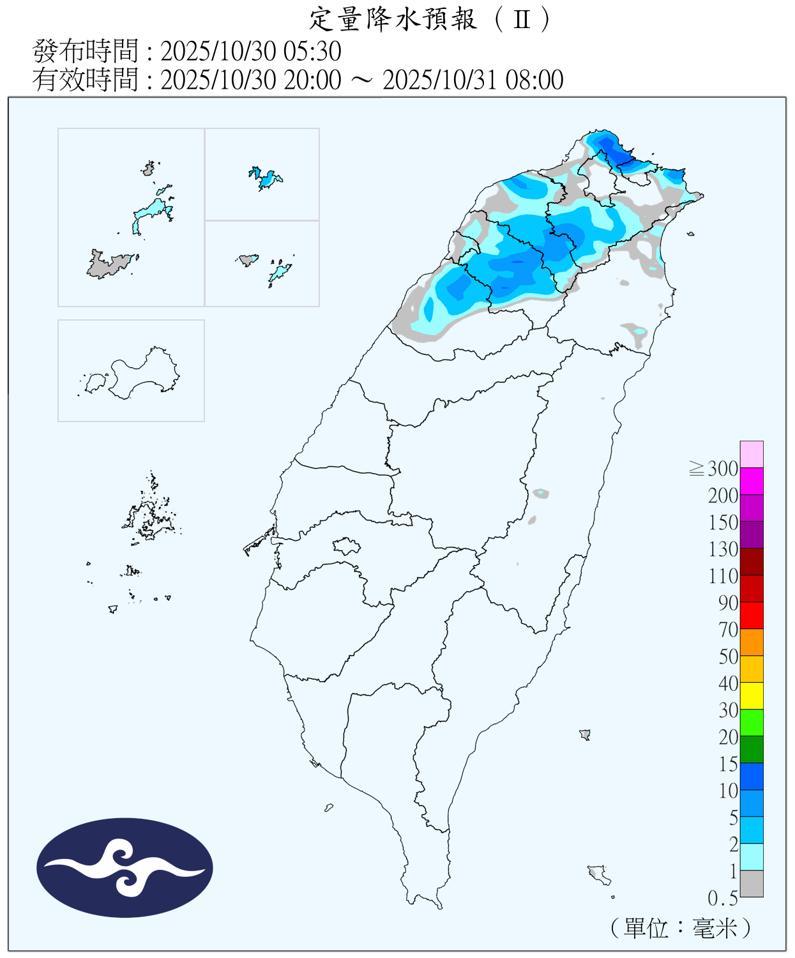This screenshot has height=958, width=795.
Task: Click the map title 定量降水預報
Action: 393,19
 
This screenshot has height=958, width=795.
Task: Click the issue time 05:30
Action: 317,51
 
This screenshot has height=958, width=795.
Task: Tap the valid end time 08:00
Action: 534,80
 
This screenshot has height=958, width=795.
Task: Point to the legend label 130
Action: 723,549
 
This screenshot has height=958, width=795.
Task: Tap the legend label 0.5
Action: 723,899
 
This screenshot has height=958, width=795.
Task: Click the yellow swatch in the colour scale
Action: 752,696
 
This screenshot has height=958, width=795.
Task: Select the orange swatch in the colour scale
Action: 752,642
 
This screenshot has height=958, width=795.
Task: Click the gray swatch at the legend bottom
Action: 752,883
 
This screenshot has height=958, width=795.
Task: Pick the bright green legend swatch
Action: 752,722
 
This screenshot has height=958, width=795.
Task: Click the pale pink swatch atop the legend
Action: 752,454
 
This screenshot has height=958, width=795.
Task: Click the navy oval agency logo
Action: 125,868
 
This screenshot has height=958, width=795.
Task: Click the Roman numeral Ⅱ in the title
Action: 522,20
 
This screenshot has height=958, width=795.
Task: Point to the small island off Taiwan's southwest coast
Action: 329,808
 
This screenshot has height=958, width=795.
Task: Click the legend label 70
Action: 728,630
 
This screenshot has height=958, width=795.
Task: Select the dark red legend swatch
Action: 752,561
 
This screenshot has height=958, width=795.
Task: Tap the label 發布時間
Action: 85,51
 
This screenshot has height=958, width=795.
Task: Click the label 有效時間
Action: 85,80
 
